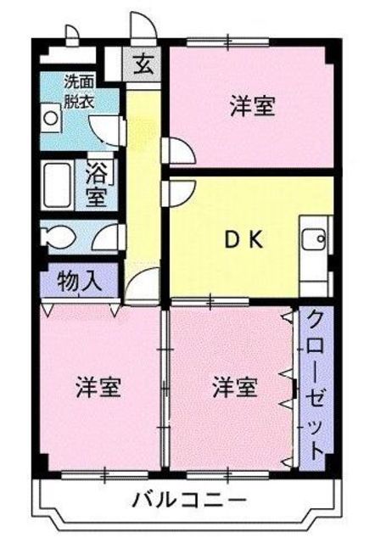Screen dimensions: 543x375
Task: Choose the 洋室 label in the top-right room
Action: pyautogui.click(x=252, y=108)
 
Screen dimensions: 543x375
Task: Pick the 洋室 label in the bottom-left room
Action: pyautogui.click(x=99, y=388)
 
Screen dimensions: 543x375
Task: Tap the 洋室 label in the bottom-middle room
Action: pyautogui.click(x=234, y=388)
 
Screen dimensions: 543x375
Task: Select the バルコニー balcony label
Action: pyautogui.click(x=188, y=498)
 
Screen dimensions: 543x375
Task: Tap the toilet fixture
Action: pyautogui.click(x=59, y=235)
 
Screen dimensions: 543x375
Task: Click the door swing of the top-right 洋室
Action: pyautogui.click(x=181, y=148)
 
